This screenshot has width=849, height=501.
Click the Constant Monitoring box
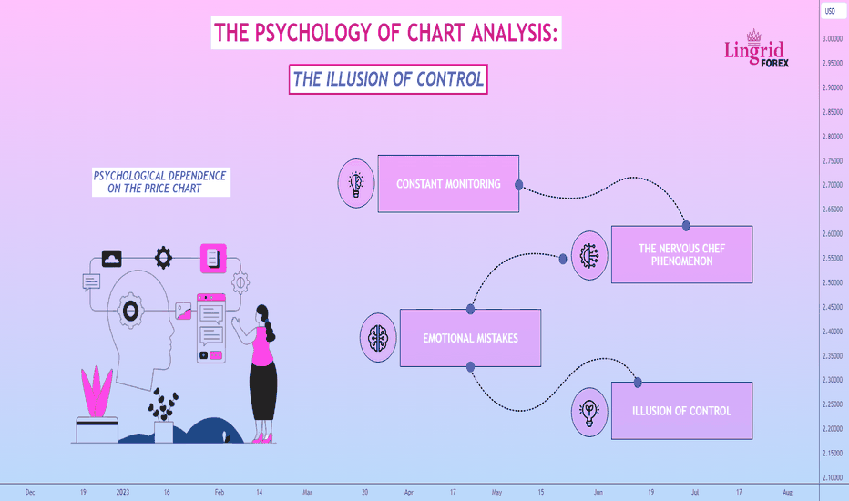point(448,184)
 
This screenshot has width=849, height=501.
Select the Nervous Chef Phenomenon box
point(681,254)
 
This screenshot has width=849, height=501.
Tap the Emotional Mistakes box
point(471,338)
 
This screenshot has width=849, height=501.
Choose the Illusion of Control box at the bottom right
point(681,411)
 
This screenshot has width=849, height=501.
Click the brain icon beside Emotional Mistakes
point(378,337)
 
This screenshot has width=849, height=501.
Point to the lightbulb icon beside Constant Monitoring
point(356,184)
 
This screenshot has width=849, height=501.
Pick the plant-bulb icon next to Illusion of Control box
point(589,412)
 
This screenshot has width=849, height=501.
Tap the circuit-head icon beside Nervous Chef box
point(589,256)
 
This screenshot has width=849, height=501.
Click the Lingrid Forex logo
point(756,49)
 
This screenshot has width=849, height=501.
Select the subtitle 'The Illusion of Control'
point(388,79)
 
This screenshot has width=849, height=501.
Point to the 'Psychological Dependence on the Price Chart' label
point(161,182)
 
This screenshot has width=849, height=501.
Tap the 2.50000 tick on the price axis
point(833,282)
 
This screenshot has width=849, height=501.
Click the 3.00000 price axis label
point(833,39)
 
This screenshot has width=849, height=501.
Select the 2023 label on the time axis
point(123,492)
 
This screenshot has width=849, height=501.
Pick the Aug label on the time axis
point(787,492)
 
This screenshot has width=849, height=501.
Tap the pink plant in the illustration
point(97,391)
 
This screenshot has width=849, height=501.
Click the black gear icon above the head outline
point(163,258)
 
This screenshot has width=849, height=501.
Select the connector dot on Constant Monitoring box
point(518,185)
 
